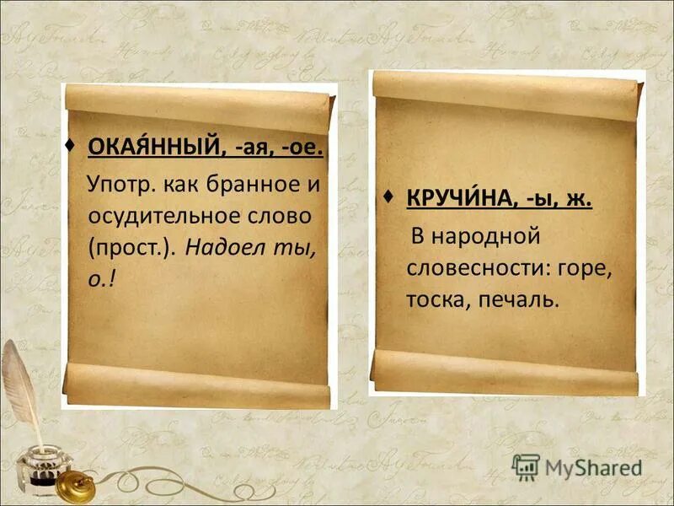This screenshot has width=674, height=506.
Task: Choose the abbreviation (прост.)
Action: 130,248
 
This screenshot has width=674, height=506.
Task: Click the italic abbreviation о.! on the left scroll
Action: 100,279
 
